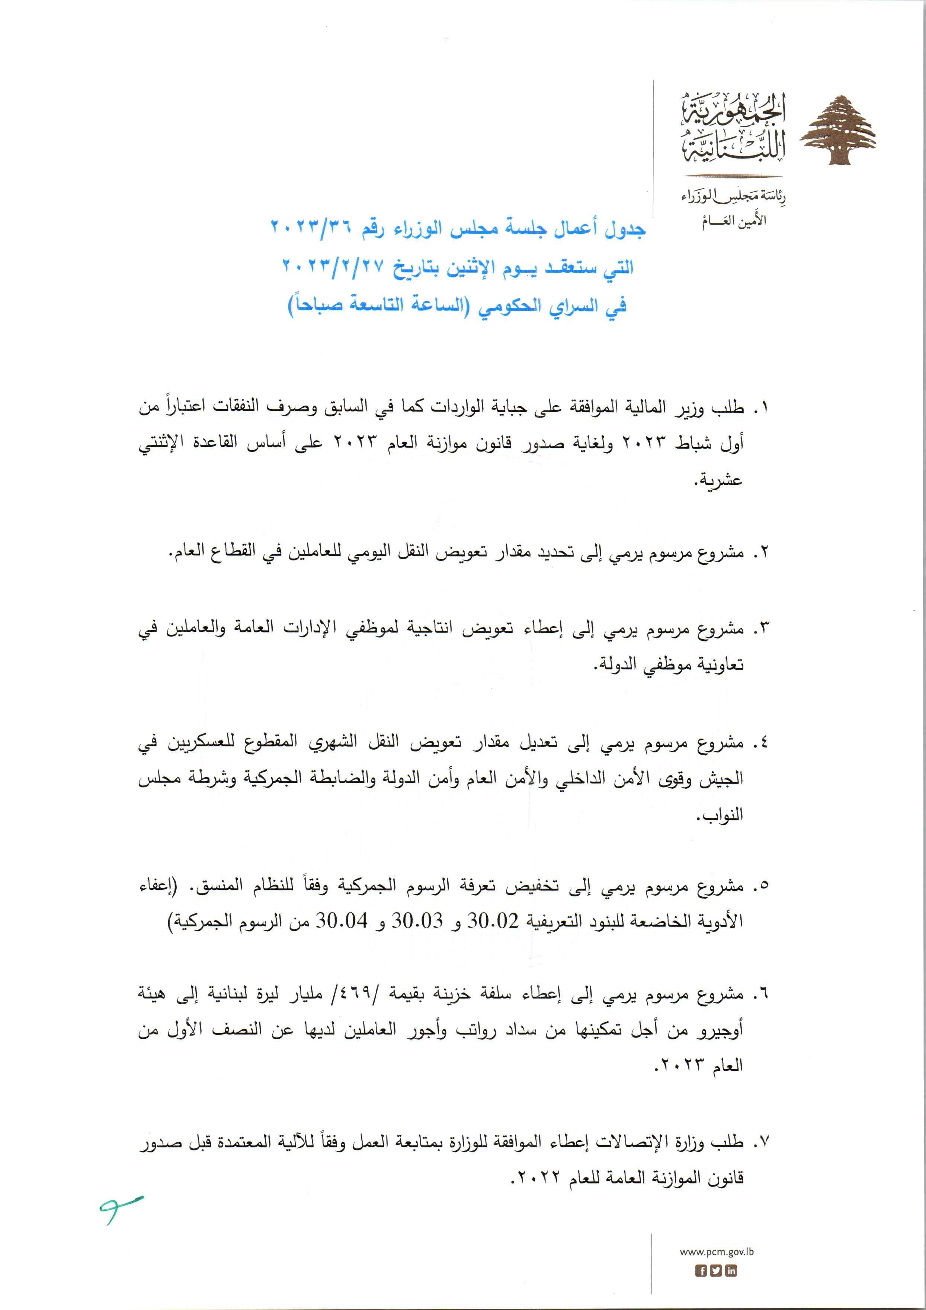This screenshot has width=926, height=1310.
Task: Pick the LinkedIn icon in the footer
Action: coord(731,1271)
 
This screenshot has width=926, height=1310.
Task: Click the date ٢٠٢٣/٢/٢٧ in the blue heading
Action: coord(332,266)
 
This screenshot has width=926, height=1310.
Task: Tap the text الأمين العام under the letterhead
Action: coord(734,221)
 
